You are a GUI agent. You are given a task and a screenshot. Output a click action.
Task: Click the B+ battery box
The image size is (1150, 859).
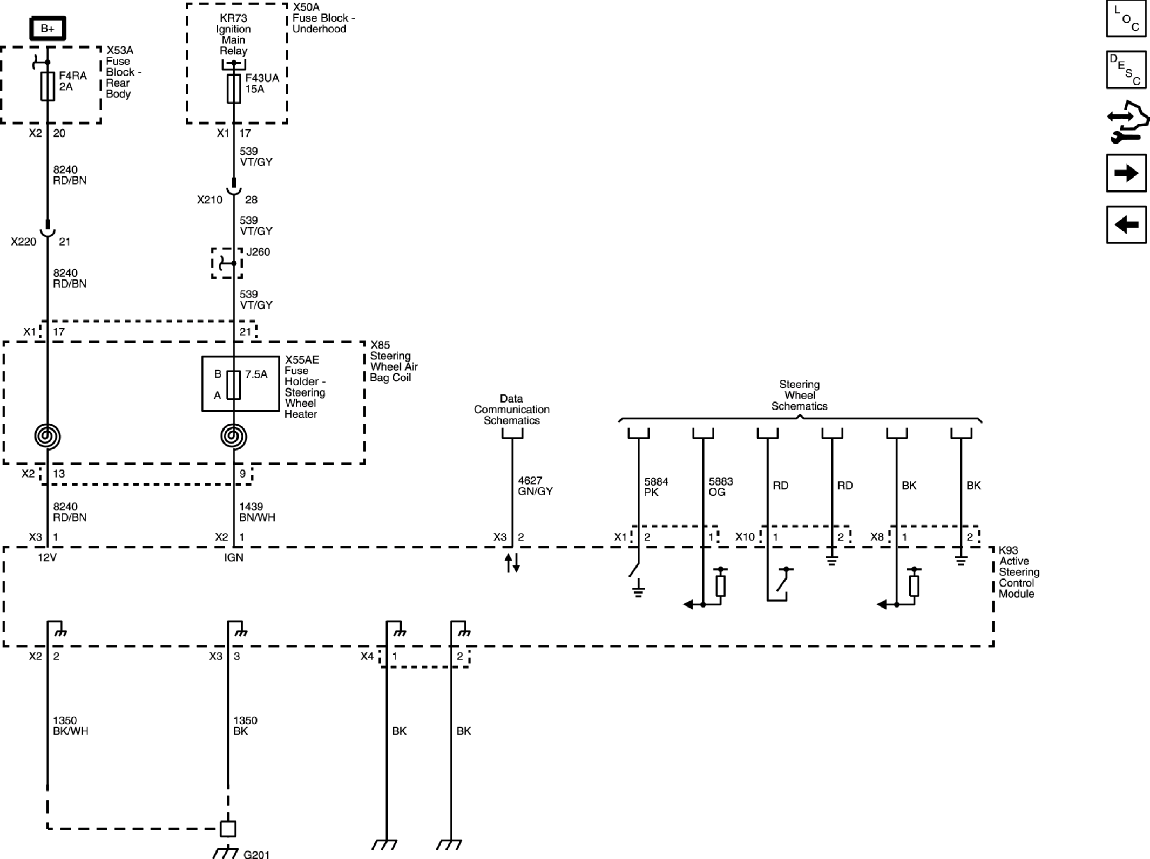48,29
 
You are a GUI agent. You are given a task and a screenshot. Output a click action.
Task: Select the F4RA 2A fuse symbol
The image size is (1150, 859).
48,86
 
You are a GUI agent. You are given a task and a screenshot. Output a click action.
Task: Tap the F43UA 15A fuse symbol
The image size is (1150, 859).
234,89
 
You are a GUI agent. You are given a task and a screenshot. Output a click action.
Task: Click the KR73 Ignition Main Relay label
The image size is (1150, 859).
233,35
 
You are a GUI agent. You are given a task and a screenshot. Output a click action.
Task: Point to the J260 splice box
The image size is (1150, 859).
227,263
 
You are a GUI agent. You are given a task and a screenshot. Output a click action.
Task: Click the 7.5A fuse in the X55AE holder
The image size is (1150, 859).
233,385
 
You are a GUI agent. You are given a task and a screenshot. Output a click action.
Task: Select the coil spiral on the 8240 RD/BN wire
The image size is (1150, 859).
48,436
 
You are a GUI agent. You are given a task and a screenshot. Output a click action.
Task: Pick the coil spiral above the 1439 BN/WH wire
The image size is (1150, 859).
234,436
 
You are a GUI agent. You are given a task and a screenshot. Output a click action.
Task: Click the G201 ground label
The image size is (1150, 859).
256,854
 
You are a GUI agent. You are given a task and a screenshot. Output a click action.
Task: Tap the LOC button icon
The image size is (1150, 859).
1126,19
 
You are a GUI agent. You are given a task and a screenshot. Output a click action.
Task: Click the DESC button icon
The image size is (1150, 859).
1126,70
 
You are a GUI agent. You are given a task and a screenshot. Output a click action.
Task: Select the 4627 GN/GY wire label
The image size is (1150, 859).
535,486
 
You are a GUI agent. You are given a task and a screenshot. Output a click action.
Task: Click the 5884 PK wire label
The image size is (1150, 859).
656,487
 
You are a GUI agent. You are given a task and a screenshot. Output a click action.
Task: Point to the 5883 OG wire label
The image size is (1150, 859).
721,487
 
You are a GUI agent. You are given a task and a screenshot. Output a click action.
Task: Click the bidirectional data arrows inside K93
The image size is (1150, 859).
512,563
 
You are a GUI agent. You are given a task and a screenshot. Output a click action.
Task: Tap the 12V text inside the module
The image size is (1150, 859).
47,557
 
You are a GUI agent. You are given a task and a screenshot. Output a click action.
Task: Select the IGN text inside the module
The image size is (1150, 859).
234,557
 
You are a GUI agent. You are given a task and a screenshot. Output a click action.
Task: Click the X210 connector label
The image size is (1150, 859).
209,200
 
